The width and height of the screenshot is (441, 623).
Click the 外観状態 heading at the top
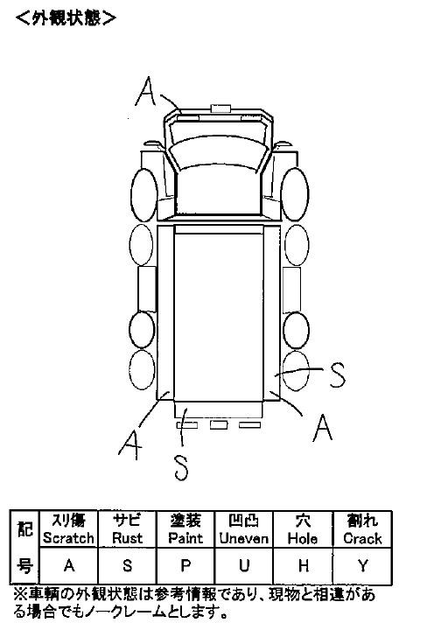pyautogui.click(x=66, y=17)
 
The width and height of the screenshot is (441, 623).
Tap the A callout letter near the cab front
pyautogui.click(x=146, y=91)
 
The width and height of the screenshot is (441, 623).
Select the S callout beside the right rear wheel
pyautogui.click(x=338, y=375)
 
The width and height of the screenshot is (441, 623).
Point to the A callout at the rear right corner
pyautogui.click(x=323, y=428)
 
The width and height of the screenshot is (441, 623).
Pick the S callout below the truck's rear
pyautogui.click(x=181, y=467)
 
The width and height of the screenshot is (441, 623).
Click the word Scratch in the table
pyautogui.click(x=68, y=538)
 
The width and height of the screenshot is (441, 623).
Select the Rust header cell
pyautogui.click(x=127, y=529)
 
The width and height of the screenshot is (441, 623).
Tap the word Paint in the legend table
pyautogui.click(x=185, y=538)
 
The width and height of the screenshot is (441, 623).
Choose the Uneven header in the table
pyautogui.click(x=244, y=529)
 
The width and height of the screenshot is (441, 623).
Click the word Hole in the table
pyautogui.click(x=303, y=539)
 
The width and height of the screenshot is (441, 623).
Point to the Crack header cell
pyautogui.click(x=362, y=529)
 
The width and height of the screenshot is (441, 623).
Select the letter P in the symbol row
pyautogui.click(x=185, y=565)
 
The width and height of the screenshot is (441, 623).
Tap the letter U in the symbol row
pyautogui.click(x=244, y=565)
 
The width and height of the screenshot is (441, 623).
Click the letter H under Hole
pyautogui.click(x=303, y=565)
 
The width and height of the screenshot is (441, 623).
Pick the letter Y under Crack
pyautogui.click(x=362, y=565)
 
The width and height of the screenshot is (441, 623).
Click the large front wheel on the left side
pyautogui.click(x=144, y=194)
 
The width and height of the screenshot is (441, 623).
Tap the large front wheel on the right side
pyautogui.click(x=295, y=194)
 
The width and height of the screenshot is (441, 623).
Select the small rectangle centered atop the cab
pyautogui.click(x=220, y=108)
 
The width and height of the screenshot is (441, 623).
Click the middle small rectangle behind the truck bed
pyautogui.click(x=219, y=424)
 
